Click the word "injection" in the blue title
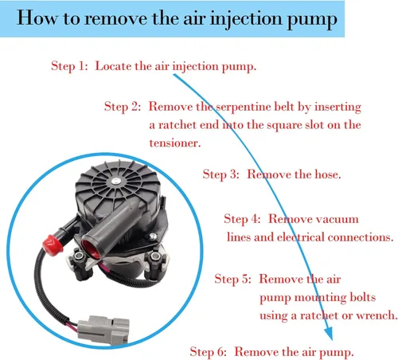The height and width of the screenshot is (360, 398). click(246, 19)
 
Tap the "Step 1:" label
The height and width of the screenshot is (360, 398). click(69, 66)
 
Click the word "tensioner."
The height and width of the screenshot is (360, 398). click(175, 143)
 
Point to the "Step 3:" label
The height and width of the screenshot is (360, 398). click(220, 174)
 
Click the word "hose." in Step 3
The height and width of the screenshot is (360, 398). click(328, 174)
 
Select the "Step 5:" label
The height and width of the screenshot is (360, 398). click(232, 279)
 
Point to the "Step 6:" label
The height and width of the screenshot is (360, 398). click(208, 352)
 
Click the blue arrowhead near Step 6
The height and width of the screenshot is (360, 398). click(329, 333)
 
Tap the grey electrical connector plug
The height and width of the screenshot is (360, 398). click(103, 330)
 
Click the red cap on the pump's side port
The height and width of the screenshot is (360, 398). click(53, 245)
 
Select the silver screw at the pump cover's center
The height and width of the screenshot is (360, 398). click(115, 182)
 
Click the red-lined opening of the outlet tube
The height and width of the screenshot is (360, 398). click(91, 249)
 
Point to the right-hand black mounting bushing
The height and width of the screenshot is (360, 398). click(154, 264)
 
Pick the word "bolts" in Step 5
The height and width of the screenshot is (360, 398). click(363, 297)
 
